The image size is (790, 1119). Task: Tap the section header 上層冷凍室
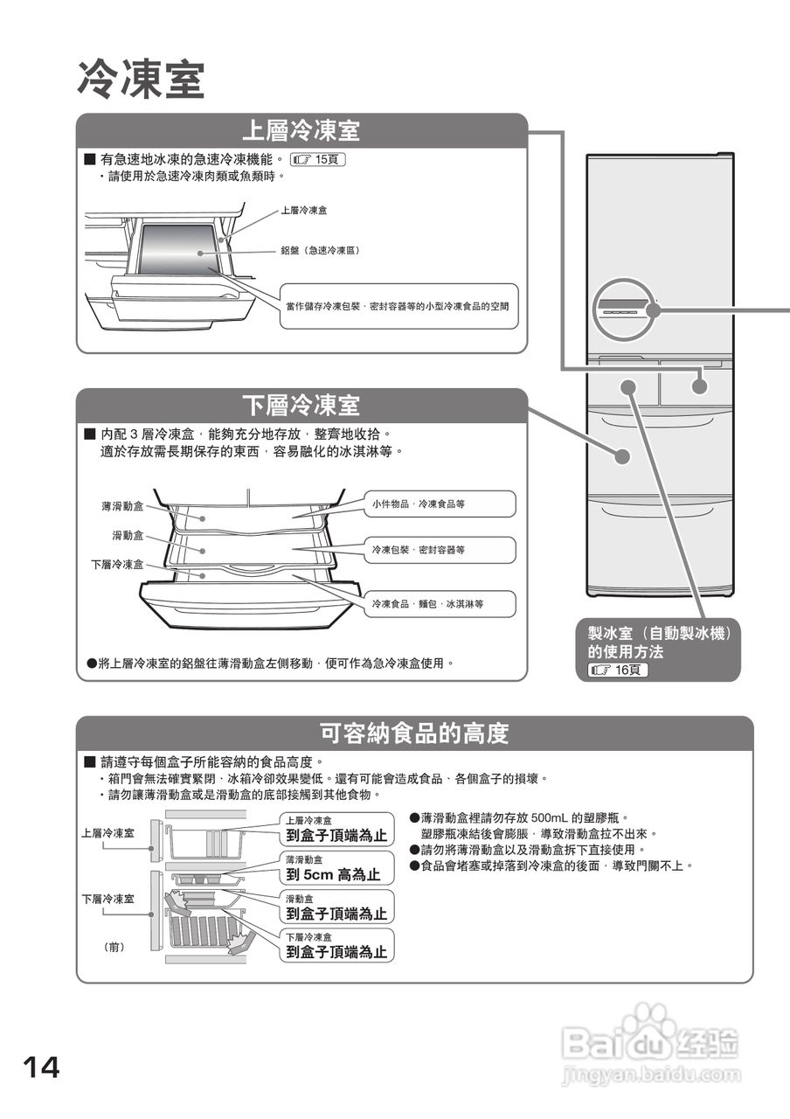coord(301,131)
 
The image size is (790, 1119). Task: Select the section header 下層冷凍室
coord(301,406)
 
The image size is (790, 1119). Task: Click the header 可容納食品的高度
coord(414,733)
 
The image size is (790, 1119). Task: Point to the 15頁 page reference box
coord(318,160)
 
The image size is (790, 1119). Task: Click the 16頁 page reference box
coord(618,670)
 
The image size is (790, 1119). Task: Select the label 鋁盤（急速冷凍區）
coord(320,250)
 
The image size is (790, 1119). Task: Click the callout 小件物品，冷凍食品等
coord(419,504)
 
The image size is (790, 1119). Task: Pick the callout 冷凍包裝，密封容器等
coord(419,550)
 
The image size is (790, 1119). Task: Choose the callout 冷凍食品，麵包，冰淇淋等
coord(428,604)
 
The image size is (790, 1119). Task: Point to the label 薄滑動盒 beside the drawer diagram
coord(121,506)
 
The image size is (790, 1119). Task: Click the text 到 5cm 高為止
coord(333,874)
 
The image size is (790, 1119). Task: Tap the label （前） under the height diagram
coord(114,946)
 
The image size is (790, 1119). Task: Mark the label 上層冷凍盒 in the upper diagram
coord(304,211)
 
